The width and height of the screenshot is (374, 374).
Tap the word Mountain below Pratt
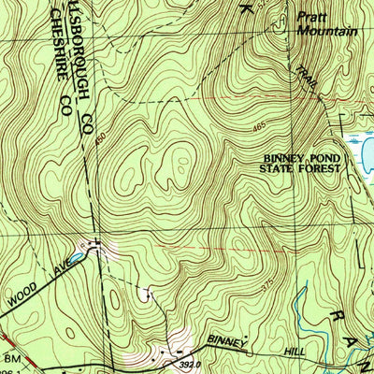pyautogui.click(x=327, y=30)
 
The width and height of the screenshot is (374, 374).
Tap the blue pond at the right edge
pyautogui.click(x=360, y=147)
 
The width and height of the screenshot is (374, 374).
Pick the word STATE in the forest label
pyautogui.click(x=281, y=172)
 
